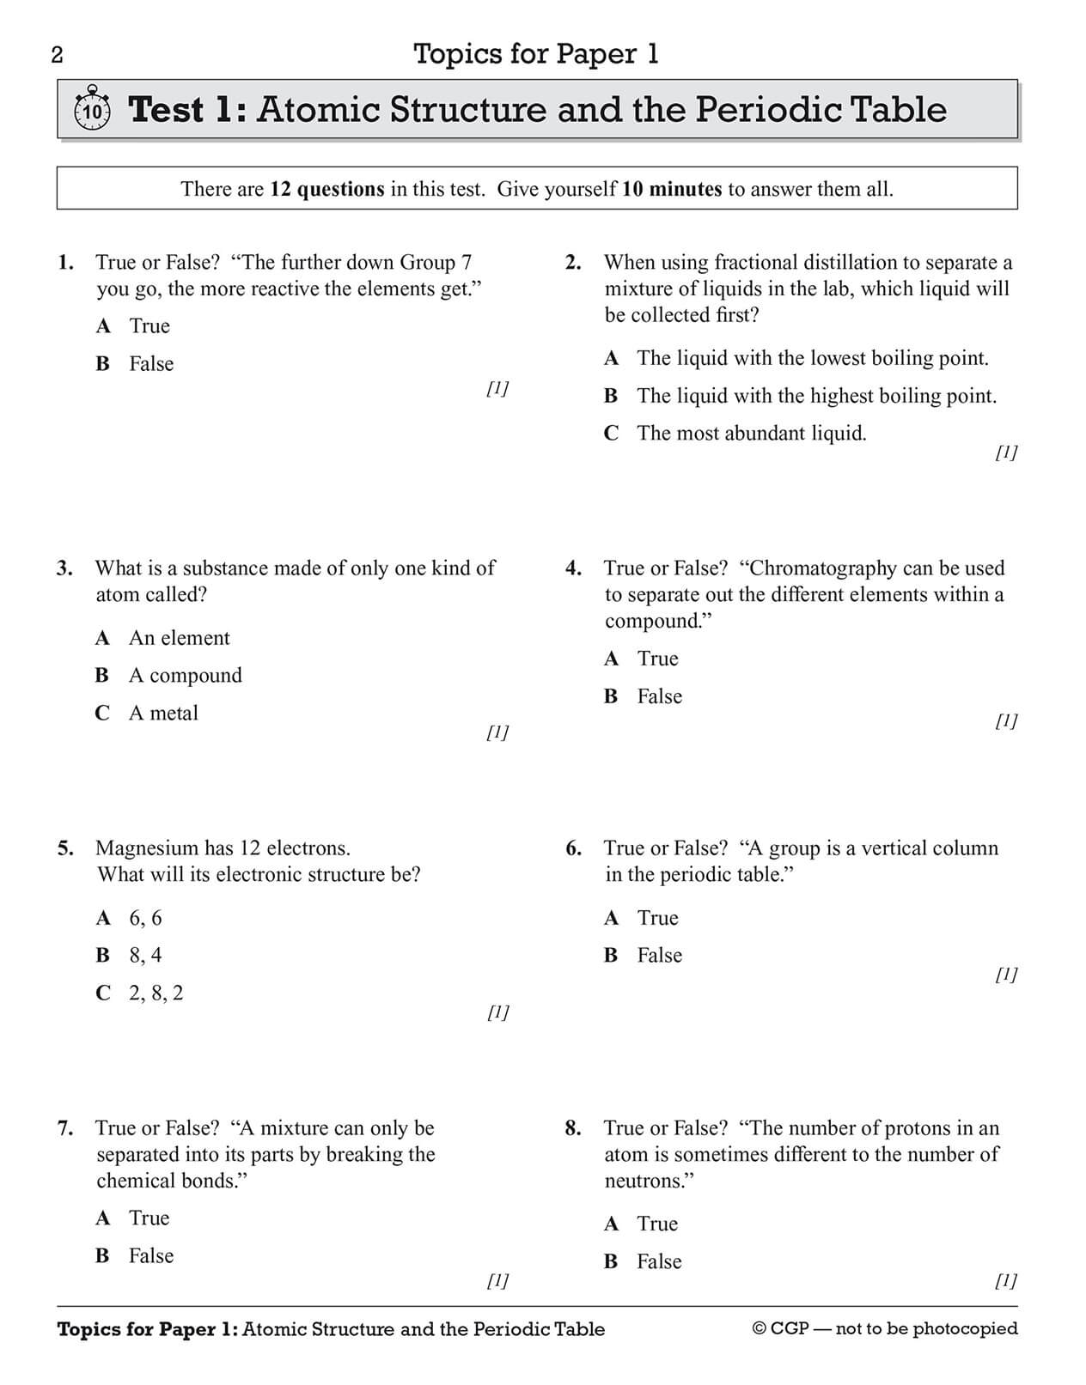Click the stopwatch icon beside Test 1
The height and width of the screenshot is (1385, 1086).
tap(93, 109)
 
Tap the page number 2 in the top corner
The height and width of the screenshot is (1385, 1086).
tap(58, 56)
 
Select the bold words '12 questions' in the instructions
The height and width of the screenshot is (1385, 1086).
tap(327, 189)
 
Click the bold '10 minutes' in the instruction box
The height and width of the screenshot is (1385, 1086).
tap(672, 189)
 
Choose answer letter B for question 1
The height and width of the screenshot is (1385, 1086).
tap(103, 364)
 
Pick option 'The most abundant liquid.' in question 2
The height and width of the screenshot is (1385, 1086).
tap(752, 434)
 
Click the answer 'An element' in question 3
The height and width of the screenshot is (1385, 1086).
tap(180, 638)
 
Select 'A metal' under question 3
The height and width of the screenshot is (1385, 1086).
tap(163, 714)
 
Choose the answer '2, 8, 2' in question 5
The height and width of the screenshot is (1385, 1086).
tap(156, 993)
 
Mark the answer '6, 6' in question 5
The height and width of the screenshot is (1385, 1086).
tap(145, 919)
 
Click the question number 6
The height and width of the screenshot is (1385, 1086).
tap(573, 849)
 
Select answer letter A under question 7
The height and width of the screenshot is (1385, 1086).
tap(103, 1218)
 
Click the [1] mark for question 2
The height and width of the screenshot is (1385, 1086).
tap(1006, 453)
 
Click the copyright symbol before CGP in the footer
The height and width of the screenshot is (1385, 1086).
tap(760, 1329)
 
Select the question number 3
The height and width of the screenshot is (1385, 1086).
tap(64, 568)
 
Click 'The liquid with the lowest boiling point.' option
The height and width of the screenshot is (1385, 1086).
tap(813, 359)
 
